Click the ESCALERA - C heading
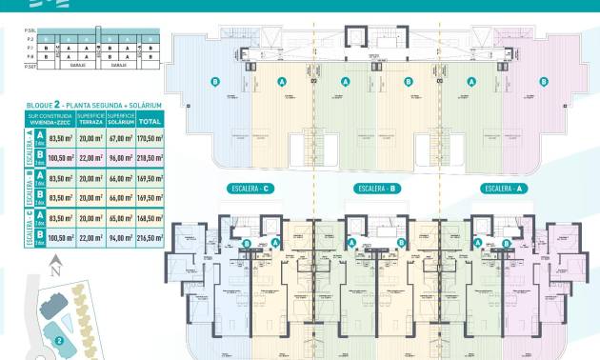[x=250, y=189]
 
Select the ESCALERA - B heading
[x=375, y=189]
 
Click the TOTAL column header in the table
[x=150, y=121]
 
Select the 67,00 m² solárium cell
[x=119, y=139]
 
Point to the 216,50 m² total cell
[x=150, y=238]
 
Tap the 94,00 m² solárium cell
[x=119, y=238]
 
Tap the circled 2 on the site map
[x=59, y=340]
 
